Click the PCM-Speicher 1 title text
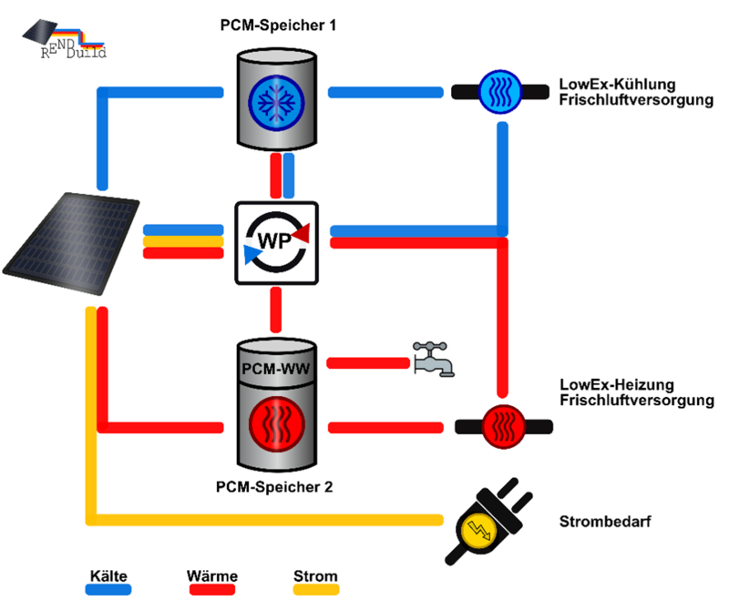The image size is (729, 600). click(x=278, y=25)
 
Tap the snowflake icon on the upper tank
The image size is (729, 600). click(x=277, y=99)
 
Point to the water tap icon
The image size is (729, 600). click(x=433, y=359)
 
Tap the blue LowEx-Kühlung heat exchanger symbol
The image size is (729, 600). click(x=500, y=90)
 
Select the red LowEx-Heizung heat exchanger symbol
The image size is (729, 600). click(x=502, y=427)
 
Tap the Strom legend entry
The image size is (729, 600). click(x=315, y=576)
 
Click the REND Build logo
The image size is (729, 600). click(x=64, y=37)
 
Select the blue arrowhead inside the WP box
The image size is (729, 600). click(x=251, y=254)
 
